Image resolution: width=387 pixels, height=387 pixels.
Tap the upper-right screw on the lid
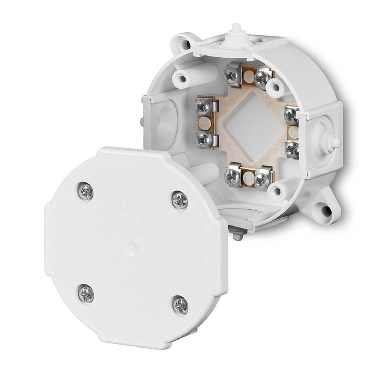click(180, 199)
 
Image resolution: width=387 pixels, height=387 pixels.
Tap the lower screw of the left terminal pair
click(202, 140)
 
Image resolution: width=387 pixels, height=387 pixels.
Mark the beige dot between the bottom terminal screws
click(246, 177)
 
